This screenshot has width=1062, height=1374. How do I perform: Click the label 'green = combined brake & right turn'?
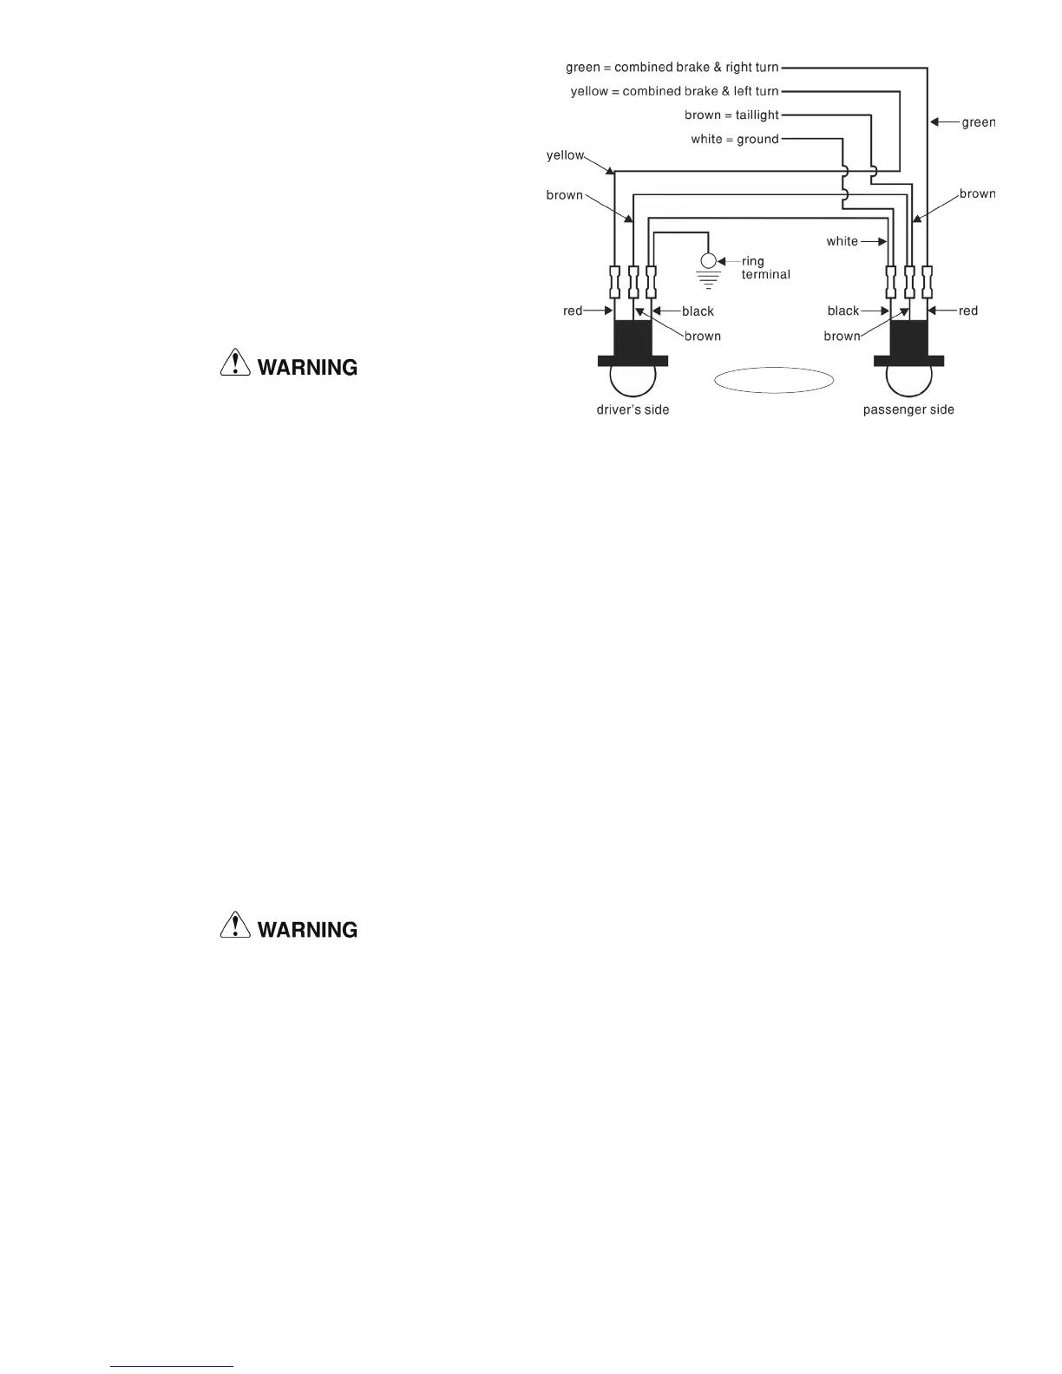coord(672,68)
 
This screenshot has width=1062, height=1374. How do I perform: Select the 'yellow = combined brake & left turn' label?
coord(674,91)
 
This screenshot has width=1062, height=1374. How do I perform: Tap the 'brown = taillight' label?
coord(731,115)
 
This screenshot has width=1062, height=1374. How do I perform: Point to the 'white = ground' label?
coord(735,139)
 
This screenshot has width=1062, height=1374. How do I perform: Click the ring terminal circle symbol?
coord(709,261)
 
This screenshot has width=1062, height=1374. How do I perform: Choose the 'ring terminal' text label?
coord(765,268)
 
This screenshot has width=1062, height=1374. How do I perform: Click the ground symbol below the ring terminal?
coord(709,279)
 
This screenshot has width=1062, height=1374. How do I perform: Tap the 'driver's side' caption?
coord(633,409)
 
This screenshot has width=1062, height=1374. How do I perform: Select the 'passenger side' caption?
coord(908,409)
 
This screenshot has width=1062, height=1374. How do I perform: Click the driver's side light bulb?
coord(633,378)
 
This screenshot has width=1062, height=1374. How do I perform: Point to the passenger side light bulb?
coord(908,378)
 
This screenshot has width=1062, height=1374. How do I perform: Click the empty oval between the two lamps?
coord(774,380)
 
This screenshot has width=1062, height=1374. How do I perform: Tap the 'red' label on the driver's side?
coord(573,311)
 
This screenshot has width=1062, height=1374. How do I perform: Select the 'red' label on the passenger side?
coord(967,311)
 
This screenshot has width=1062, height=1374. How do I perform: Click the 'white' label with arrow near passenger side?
coord(842,241)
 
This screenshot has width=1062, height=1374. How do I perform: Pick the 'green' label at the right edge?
coord(978,122)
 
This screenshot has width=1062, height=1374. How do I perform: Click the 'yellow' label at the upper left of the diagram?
coord(565,155)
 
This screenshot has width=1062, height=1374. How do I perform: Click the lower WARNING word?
coord(307,930)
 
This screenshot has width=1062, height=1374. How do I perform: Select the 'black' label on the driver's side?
coord(698,311)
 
